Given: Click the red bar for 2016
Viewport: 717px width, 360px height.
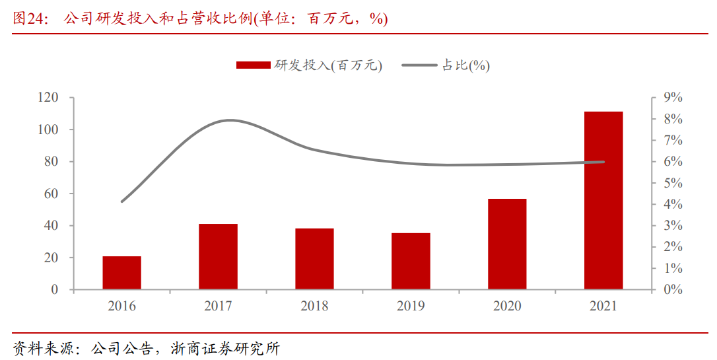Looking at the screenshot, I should [x=122, y=273].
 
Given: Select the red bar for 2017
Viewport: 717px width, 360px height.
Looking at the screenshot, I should [x=218, y=257].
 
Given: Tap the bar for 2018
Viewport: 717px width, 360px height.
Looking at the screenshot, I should [x=314, y=259].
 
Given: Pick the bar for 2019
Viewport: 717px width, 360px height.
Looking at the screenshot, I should [x=411, y=261].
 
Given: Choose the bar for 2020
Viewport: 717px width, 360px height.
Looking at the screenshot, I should [x=507, y=244].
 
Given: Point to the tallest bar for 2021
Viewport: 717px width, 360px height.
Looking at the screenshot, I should [x=603, y=200].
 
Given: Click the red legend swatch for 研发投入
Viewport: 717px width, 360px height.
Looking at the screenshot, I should [x=253, y=65].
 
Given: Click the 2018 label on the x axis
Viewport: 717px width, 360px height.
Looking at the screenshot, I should [x=314, y=306].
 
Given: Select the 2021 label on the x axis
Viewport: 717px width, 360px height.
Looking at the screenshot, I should [x=603, y=306].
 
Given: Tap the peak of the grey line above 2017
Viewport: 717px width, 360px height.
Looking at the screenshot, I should [x=229, y=120].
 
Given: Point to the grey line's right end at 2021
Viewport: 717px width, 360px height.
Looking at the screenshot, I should [x=603, y=162].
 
